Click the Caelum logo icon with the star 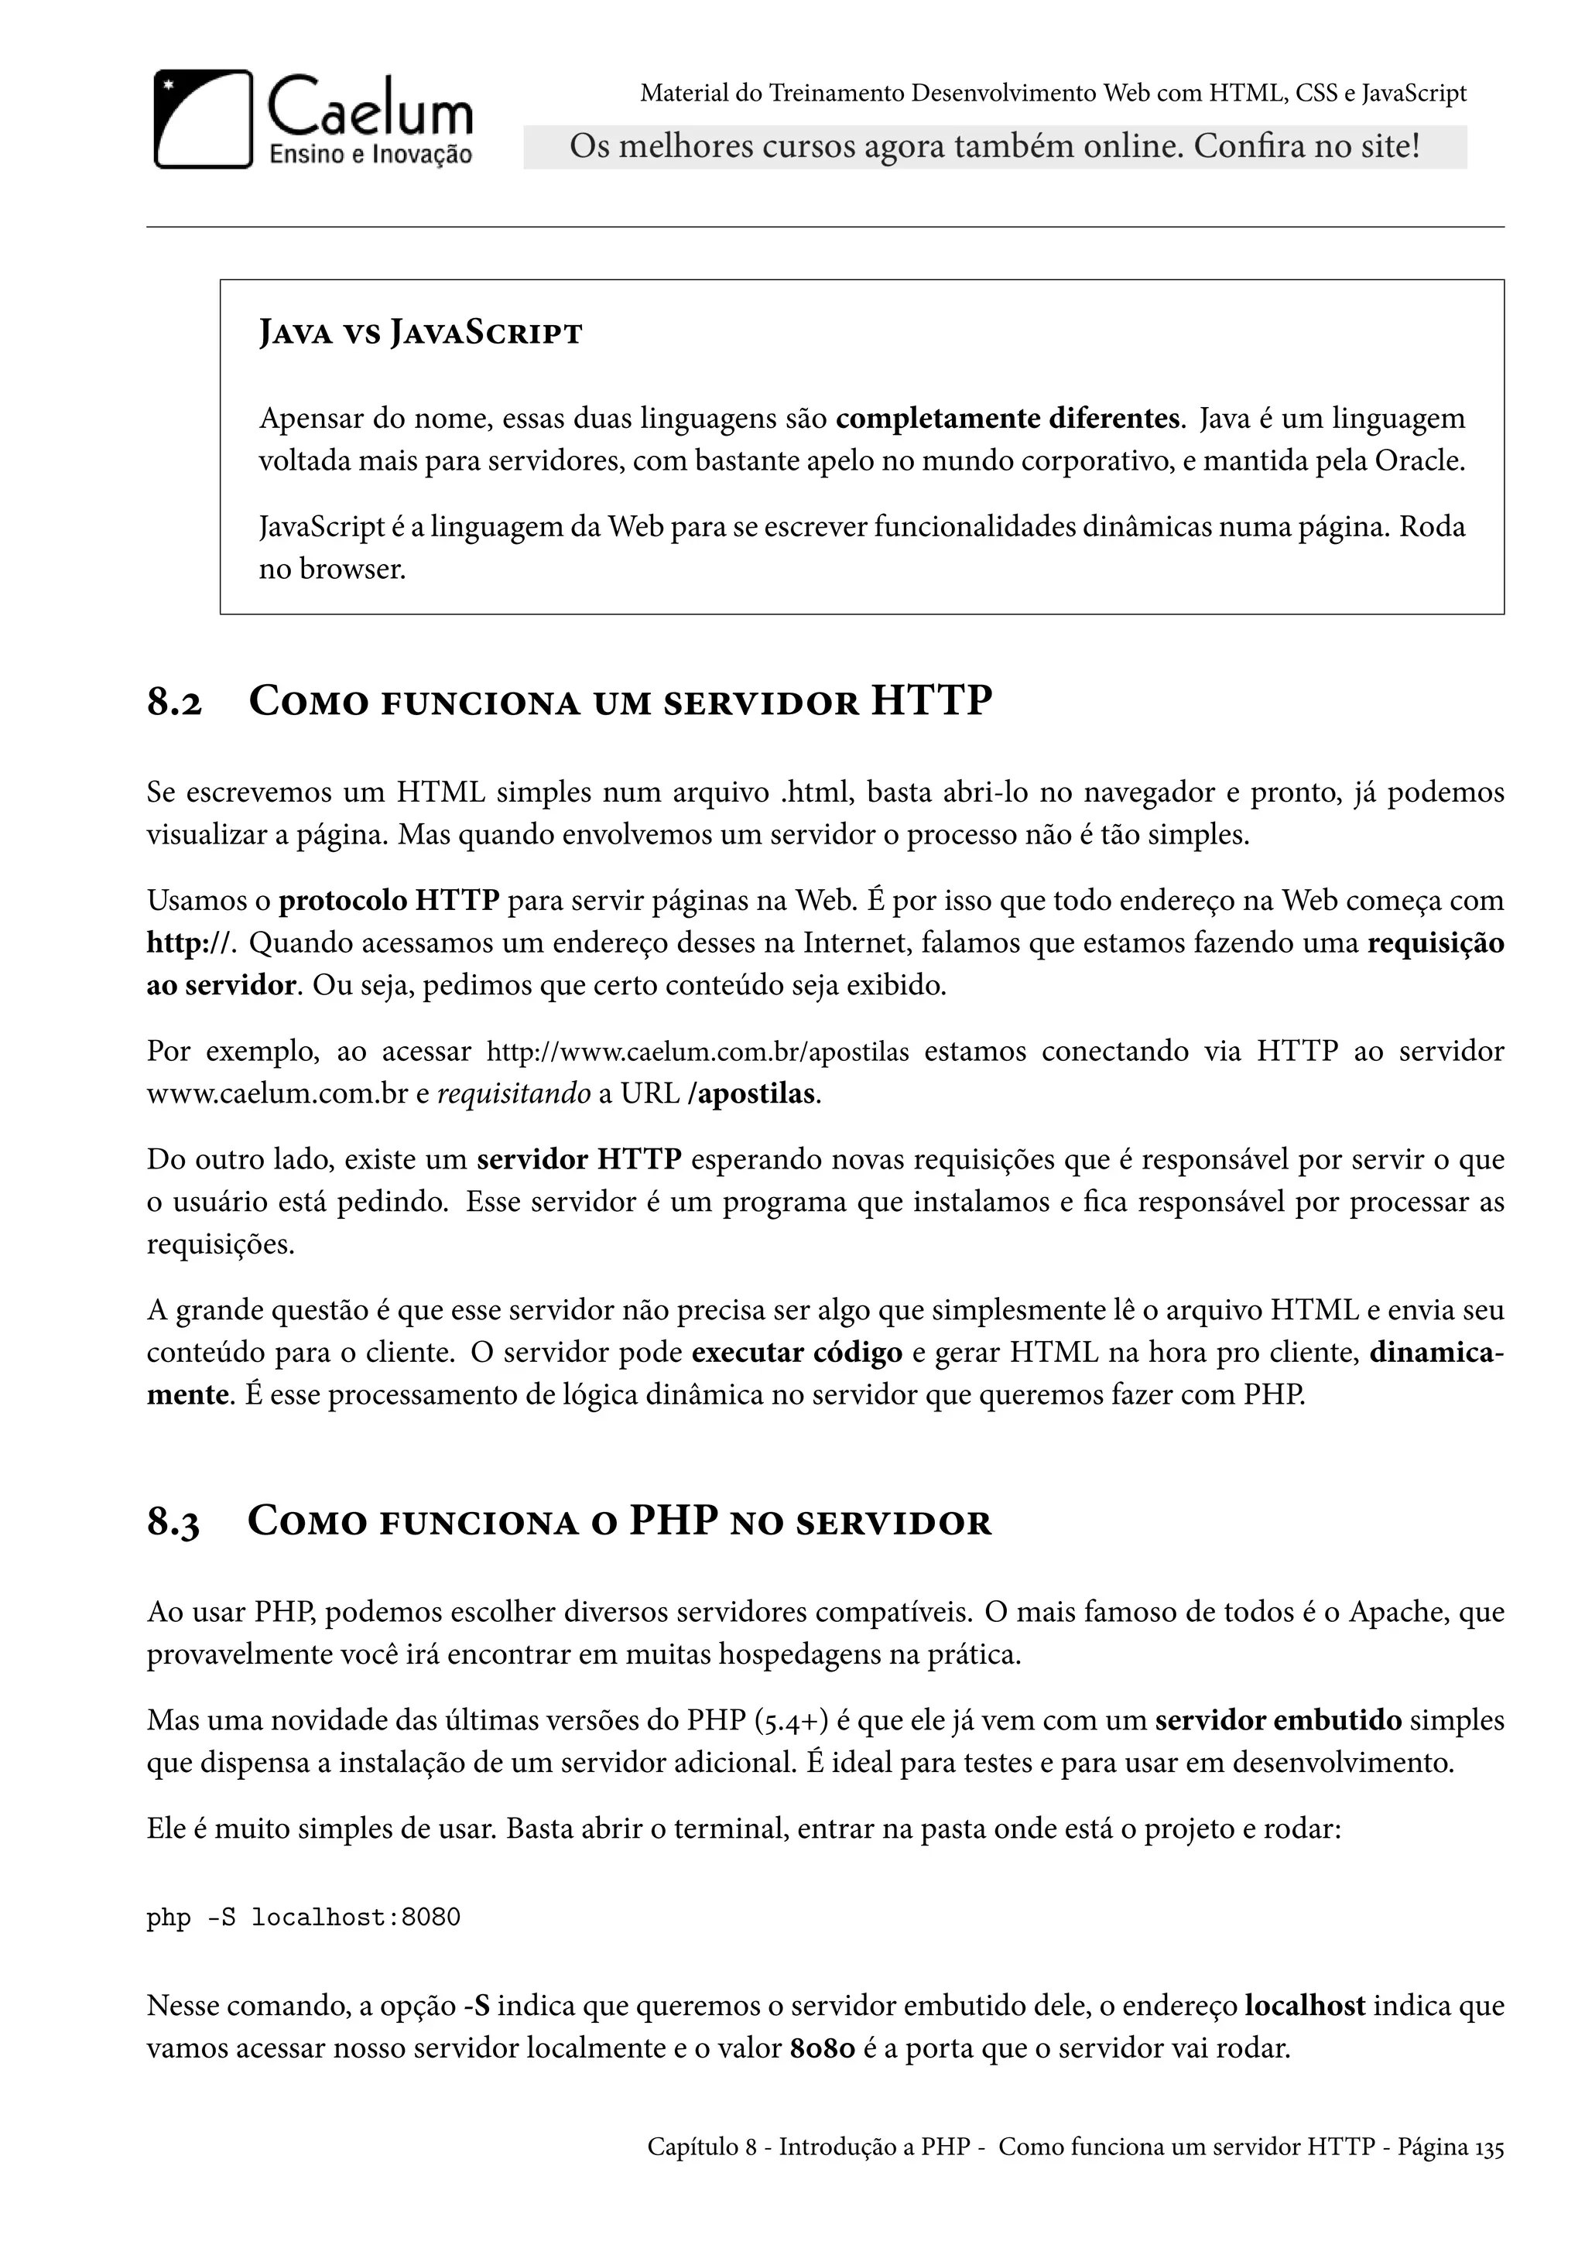pos(203,119)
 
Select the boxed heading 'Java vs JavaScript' pos(419,334)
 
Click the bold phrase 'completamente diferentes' pos(1007,419)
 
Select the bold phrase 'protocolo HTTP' pos(389,900)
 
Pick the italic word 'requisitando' pos(513,1094)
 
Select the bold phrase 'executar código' pos(796,1353)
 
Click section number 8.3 pos(173,1524)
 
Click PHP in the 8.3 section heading pos(673,1521)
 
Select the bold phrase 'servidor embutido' pos(1278,1719)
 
